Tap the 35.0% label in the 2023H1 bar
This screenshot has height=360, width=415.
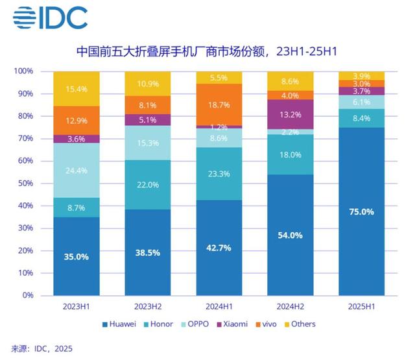click(77, 256)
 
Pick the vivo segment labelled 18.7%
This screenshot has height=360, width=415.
click(219, 104)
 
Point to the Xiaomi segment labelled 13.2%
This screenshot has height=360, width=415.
click(290, 114)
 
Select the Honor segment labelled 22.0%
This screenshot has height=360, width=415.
click(148, 185)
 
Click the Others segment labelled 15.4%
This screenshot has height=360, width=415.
click(77, 88)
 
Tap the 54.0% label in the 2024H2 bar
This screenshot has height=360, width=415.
click(290, 235)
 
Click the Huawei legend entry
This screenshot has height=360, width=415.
click(119, 324)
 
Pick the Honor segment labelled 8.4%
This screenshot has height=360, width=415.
click(361, 118)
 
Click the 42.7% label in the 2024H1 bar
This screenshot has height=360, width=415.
click(219, 248)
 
